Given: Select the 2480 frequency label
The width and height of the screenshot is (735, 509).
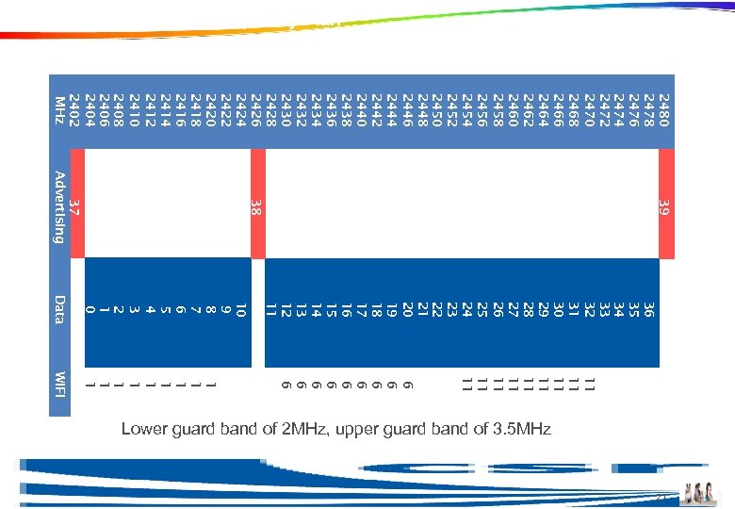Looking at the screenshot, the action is [x=664, y=111].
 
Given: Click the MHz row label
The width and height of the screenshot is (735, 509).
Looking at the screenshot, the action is [x=60, y=111].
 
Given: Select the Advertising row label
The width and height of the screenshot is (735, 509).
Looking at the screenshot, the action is [x=59, y=206].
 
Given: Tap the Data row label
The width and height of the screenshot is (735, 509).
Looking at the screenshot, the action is [x=59, y=309].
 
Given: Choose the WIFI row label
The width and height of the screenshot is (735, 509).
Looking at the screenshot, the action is [x=59, y=384].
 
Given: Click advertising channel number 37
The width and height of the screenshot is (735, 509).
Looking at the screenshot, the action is [x=75, y=206].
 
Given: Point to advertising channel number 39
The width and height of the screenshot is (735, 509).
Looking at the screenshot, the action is [x=664, y=206].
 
